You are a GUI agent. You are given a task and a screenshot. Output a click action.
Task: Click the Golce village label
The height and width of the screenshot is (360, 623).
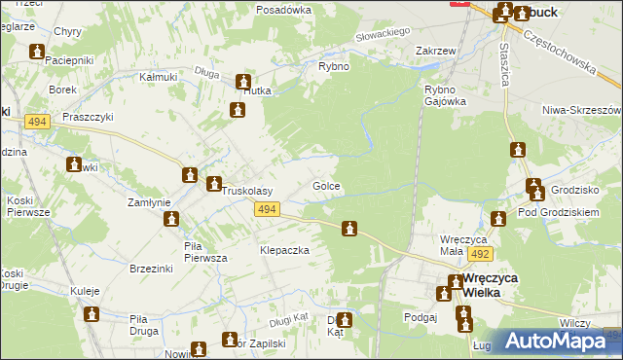[325, 186]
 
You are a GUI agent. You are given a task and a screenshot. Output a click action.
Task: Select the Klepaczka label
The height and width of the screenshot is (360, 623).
[284, 250]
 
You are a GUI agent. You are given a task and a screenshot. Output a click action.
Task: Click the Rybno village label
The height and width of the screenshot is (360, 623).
[334, 66]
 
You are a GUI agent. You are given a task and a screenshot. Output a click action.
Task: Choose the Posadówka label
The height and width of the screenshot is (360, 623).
[283, 9]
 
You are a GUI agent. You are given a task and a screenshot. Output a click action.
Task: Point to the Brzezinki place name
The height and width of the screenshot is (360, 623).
[151, 267]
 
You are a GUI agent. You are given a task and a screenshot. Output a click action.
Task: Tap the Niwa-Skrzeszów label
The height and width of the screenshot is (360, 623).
[582, 110]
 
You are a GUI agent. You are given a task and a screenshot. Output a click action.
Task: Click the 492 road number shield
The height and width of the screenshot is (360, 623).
[479, 253]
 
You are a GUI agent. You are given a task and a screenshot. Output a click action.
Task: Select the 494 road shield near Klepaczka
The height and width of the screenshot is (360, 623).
[269, 209]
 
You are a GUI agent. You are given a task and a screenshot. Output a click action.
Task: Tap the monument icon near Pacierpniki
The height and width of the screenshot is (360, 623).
[37, 53]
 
